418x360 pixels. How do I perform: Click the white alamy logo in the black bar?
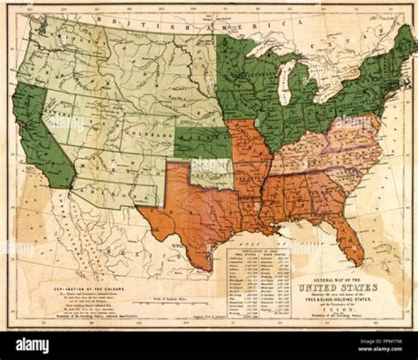pos(32,345)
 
